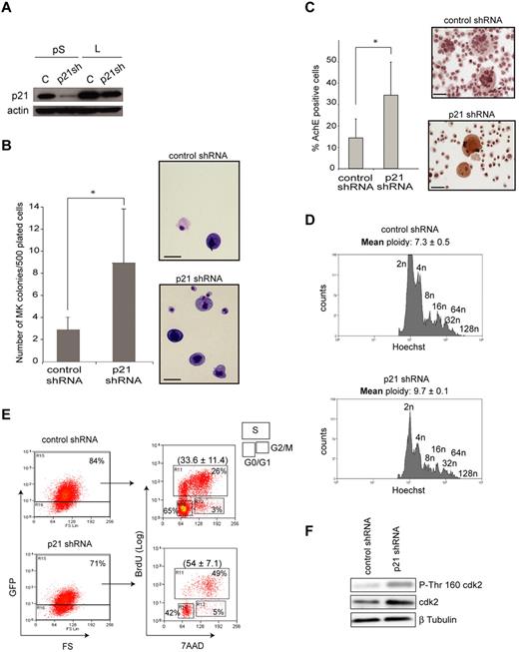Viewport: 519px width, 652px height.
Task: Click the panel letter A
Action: [9, 11]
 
